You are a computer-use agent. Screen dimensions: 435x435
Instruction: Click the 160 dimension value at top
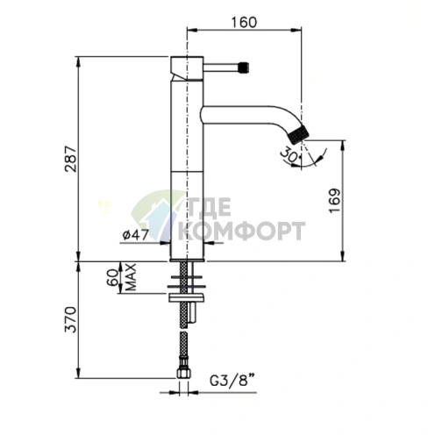[x=244, y=23]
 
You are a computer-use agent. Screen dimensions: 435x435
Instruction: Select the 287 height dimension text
[x=71, y=159]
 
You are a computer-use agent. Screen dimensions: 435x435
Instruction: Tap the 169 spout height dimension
[x=335, y=201]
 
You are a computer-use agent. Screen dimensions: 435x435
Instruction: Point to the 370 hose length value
[x=71, y=319]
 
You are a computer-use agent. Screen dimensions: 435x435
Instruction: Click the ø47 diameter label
[x=135, y=234]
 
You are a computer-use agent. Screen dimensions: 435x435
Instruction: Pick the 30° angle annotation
[x=289, y=155]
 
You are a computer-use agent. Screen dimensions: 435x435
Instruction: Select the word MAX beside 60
[x=132, y=277]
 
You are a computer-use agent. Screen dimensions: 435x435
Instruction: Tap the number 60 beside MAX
[x=114, y=277]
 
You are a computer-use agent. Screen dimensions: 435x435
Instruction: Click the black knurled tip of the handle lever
[x=244, y=68]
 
